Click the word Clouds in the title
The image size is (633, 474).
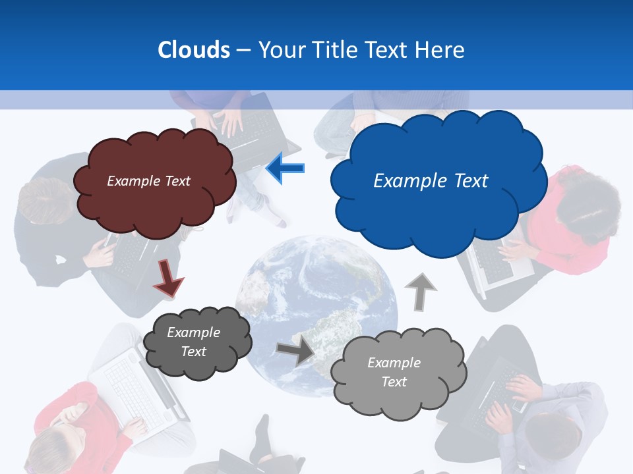193,50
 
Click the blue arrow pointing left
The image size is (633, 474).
286,169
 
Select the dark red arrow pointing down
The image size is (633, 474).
169,276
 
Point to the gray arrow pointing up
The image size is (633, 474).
420,292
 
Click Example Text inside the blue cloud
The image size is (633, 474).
431,181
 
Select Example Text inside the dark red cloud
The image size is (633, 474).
148,181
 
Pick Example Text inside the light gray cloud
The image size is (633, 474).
394,372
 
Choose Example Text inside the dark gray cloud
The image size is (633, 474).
193,342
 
